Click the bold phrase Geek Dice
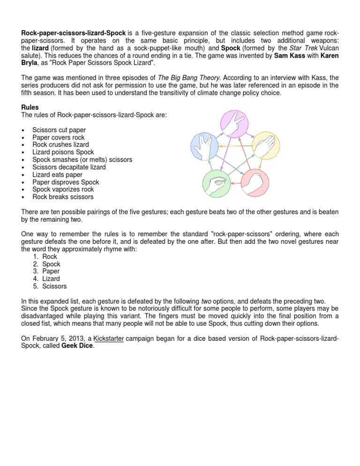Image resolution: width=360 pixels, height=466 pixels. [77, 346]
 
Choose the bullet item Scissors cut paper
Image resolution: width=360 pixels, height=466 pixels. [59, 130]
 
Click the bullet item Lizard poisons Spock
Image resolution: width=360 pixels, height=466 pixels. [63, 152]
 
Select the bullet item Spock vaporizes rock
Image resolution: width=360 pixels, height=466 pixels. [63, 190]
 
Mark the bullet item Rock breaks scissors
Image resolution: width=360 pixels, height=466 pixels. [63, 197]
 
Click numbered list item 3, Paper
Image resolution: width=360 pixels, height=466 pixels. [51, 271]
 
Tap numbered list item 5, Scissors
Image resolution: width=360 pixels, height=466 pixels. [54, 286]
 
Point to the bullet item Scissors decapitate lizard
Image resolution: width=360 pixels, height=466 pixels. [69, 167]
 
